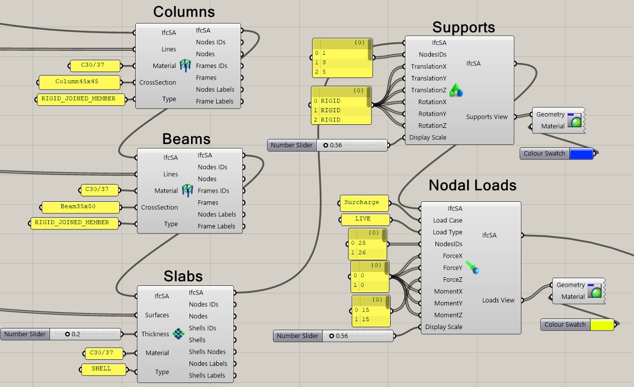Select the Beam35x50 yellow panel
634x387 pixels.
click(x=80, y=207)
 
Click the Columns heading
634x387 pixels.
click(x=184, y=12)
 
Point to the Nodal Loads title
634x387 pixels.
click(x=472, y=185)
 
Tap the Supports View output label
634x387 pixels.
click(x=487, y=117)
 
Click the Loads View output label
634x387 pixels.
click(x=498, y=300)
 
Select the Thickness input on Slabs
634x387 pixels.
click(x=155, y=334)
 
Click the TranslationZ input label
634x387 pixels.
click(x=428, y=90)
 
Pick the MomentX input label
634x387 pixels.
click(x=448, y=291)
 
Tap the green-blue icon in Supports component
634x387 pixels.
click(x=456, y=90)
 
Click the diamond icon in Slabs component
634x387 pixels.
click(x=178, y=333)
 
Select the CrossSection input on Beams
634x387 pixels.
click(x=159, y=207)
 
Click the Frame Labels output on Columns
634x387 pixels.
click(x=215, y=101)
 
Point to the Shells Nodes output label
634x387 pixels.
click(x=207, y=352)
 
